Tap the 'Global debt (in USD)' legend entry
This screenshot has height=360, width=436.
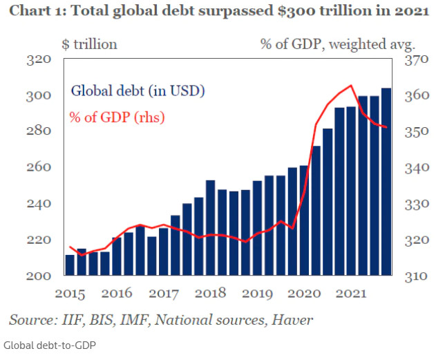(138, 91)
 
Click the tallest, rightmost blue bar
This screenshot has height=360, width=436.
(386, 182)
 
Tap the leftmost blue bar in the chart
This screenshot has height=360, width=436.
(70, 265)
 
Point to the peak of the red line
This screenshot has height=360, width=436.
(352, 86)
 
